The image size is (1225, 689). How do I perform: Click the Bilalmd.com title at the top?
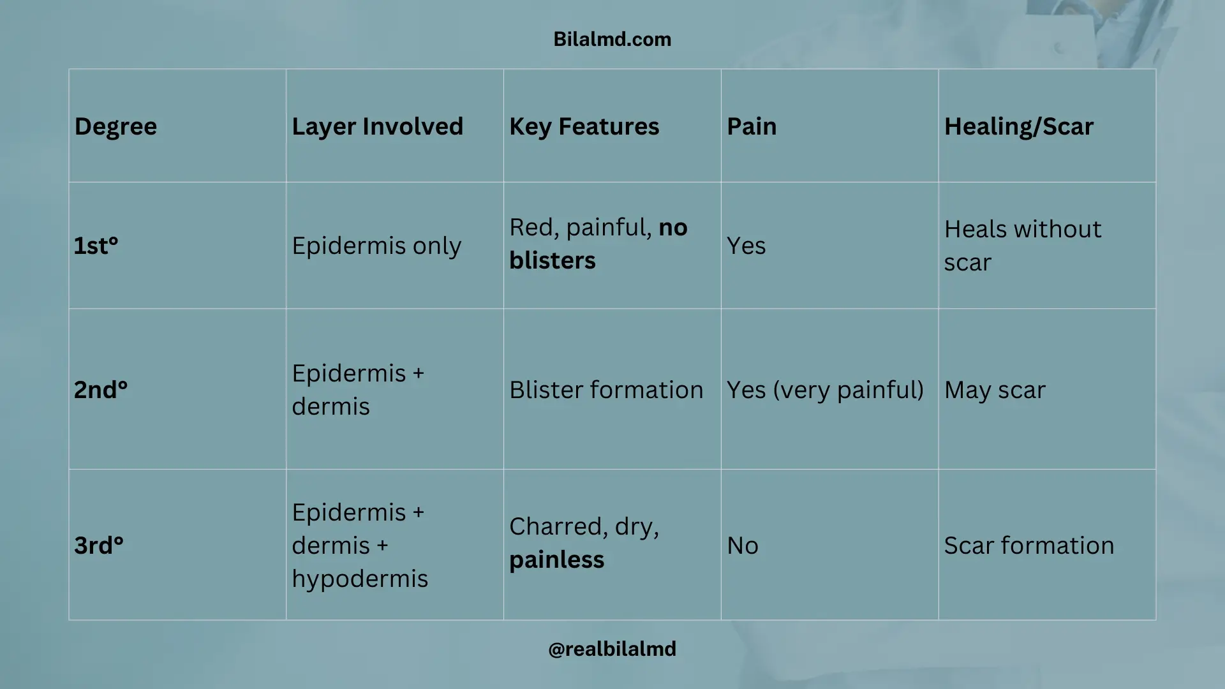click(x=612, y=40)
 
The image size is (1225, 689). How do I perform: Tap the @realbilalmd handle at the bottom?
click(x=612, y=649)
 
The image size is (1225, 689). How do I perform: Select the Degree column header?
click(x=115, y=126)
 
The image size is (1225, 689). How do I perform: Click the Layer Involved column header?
click(x=377, y=126)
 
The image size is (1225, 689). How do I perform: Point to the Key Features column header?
click(x=584, y=126)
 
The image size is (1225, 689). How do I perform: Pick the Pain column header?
click(x=752, y=126)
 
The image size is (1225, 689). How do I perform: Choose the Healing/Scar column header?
click(x=1018, y=126)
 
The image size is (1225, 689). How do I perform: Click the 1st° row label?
click(x=96, y=246)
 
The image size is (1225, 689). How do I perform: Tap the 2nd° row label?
click(x=101, y=390)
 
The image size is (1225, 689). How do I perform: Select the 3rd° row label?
click(x=98, y=545)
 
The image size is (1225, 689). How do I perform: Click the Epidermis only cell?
click(x=376, y=246)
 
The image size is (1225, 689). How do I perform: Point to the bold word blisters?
click(x=553, y=261)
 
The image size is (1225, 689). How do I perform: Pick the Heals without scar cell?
click(x=1022, y=246)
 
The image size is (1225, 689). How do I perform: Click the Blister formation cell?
click(x=606, y=390)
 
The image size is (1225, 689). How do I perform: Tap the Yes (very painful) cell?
click(x=825, y=390)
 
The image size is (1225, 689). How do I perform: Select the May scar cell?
click(x=995, y=390)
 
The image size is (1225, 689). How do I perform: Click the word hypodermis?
click(x=360, y=579)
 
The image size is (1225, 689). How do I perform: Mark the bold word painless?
click(x=556, y=560)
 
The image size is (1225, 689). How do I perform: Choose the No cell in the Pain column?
click(x=743, y=545)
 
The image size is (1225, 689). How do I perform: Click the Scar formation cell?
click(x=1028, y=545)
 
